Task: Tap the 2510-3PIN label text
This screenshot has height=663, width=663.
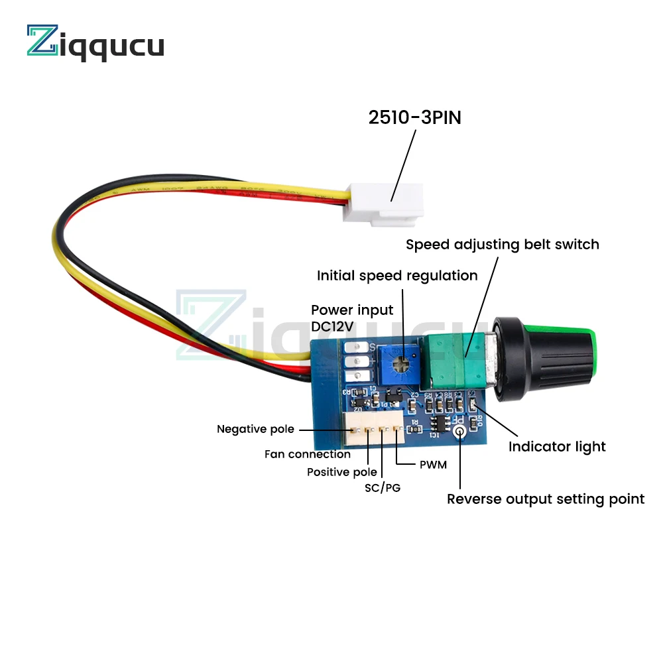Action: [414, 118]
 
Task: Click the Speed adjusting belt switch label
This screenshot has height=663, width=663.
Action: [502, 244]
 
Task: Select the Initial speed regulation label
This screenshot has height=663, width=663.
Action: [397, 275]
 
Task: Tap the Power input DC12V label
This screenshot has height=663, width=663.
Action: [352, 318]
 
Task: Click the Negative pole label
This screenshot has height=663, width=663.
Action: [255, 429]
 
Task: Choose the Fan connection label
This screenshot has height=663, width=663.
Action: [308, 454]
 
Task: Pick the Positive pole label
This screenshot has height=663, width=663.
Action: [341, 472]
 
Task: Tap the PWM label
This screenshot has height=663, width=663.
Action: [433, 464]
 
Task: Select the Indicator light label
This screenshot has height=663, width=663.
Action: [557, 446]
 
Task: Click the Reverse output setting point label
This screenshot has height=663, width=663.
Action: [545, 499]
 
